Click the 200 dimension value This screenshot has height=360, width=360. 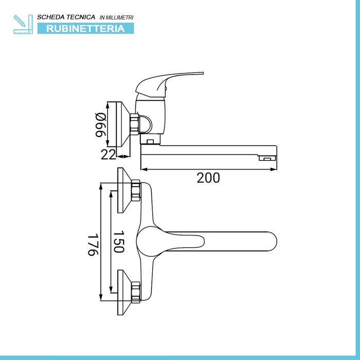point(208,178)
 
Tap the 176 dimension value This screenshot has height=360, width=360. point(93,244)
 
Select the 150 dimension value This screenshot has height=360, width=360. point(119,242)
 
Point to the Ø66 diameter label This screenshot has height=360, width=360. point(101,125)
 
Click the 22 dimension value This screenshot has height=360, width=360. point(109,154)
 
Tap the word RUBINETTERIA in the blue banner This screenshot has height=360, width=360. point(85,29)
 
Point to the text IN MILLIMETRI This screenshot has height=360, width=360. point(116,17)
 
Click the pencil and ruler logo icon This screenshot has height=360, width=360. point(23,24)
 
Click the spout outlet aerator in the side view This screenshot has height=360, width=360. point(267,158)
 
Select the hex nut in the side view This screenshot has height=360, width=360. point(135,124)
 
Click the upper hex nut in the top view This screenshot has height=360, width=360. point(136,190)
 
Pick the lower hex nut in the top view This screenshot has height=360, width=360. point(136,293)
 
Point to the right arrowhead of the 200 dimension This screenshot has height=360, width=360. point(274,169)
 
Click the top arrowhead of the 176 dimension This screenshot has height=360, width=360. point(101,186)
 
